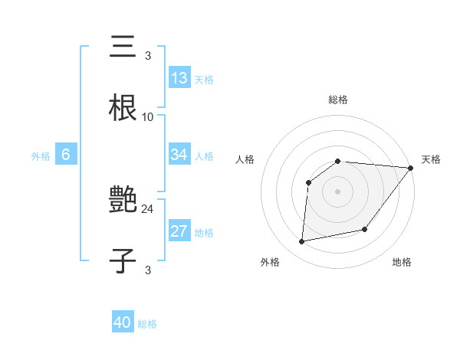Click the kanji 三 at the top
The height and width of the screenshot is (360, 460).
point(123,47)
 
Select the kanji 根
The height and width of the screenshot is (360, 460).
point(123,106)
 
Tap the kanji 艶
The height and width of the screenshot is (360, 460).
point(123,201)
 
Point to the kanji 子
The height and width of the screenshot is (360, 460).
point(123,260)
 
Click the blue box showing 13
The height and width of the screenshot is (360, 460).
point(179,78)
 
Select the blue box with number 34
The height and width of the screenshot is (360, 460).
point(179,155)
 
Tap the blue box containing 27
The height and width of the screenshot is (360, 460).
point(179,232)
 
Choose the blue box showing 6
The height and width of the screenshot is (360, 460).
point(66,155)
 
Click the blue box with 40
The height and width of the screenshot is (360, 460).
point(123,322)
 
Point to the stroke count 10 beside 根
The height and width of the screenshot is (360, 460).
point(148,117)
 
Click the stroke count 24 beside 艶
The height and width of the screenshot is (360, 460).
point(147,208)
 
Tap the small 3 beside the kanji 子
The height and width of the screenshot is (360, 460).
point(148,270)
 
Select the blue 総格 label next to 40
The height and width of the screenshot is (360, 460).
point(147,324)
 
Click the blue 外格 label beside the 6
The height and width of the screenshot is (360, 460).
point(41,156)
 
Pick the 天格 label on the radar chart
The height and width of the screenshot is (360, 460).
point(431,159)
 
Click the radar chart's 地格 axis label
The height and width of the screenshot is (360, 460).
point(402,263)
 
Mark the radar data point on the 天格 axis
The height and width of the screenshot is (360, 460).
point(410,168)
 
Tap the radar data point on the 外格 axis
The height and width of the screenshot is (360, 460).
point(302,242)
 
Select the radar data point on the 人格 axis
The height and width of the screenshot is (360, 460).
point(308,182)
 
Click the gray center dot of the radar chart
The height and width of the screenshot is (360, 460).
point(337,191)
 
